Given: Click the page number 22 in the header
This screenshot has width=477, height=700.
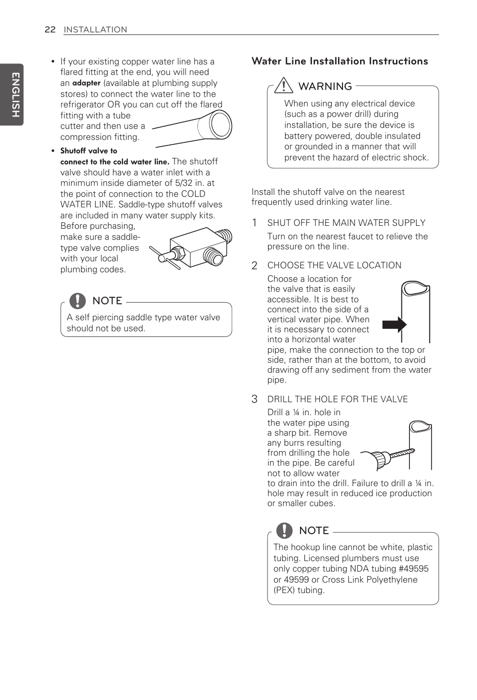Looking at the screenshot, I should point(50,29).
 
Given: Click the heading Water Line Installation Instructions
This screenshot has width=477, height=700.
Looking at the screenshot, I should point(339,61).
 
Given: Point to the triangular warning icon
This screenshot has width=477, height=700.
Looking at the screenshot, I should point(283,85).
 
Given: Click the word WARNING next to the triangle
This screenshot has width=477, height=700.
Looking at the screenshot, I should point(325,86).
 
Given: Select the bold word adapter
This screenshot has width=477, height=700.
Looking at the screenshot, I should point(86,83).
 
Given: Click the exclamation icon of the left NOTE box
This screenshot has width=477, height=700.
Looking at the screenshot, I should point(77,300).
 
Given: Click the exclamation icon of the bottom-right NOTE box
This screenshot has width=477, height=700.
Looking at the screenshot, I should point(284,530).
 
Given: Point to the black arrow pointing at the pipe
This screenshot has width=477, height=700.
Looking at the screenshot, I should point(394,325).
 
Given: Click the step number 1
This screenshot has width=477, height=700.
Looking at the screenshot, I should point(254,223).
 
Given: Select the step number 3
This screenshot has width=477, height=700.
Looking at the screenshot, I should point(254,399).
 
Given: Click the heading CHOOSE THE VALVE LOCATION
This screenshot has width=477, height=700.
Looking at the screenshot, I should point(334,265).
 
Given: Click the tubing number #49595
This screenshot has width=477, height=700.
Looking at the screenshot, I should point(413,569).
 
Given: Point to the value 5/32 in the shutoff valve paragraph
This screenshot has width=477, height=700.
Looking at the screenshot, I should point(183,183).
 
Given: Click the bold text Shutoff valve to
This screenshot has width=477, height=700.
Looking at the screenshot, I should point(88,151).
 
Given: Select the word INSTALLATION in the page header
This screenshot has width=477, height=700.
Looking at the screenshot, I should point(95,29).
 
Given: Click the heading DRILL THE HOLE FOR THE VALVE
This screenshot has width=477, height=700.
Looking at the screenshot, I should point(337,399).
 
